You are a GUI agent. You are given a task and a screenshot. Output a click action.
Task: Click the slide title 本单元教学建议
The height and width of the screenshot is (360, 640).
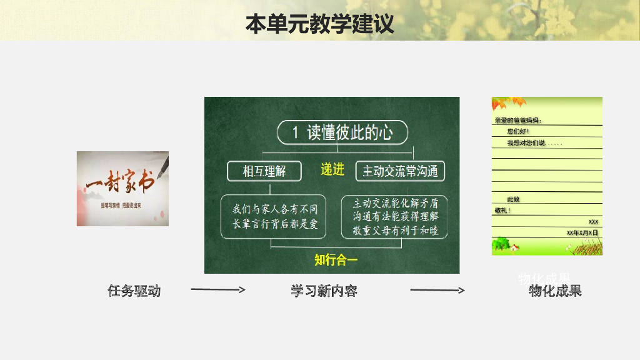click(319, 24)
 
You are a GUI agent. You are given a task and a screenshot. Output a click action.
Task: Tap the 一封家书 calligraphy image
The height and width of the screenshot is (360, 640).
click(122, 188)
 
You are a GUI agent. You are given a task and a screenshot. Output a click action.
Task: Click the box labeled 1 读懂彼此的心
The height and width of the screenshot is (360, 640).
click(342, 132)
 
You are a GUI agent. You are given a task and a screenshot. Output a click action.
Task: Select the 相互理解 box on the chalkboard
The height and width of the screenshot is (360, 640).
click(264, 171)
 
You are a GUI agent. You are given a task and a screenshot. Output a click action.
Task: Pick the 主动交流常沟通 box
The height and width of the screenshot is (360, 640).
click(401, 171)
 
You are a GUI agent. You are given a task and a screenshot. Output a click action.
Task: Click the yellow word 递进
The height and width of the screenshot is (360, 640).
click(332, 169)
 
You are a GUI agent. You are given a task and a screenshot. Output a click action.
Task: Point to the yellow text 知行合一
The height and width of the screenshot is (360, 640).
click(336, 259)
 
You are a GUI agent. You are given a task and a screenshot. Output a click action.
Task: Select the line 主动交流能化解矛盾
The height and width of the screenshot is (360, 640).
click(396, 203)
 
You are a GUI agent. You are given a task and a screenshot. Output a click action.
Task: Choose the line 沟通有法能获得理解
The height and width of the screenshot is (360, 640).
click(396, 217)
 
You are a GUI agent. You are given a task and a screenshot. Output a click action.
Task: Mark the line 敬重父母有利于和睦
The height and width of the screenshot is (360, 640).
click(396, 231)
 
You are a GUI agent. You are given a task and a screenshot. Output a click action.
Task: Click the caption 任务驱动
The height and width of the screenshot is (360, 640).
click(134, 291)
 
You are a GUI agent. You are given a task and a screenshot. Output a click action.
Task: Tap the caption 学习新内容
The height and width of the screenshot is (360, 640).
click(324, 291)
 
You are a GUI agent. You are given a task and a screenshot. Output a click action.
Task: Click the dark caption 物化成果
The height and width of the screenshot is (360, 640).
click(555, 291)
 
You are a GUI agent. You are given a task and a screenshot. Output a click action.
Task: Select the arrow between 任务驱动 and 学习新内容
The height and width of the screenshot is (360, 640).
click(217, 289)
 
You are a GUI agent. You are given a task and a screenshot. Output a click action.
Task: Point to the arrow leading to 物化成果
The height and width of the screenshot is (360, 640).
click(437, 289)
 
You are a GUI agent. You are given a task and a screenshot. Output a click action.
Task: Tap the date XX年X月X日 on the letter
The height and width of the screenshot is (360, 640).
click(582, 232)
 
